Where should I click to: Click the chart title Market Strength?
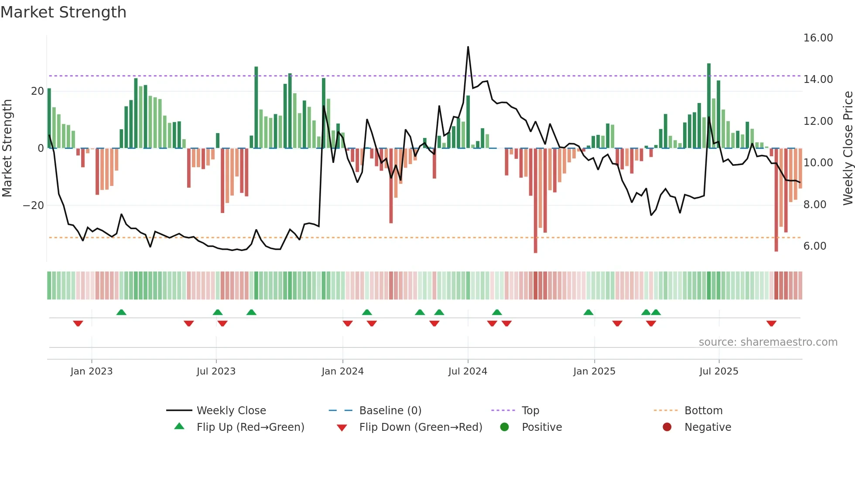point(63,12)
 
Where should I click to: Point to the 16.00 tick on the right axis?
point(818,38)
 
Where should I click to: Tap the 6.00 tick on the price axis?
point(814,246)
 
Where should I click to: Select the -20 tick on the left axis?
point(34,206)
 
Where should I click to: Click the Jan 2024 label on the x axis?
point(342,371)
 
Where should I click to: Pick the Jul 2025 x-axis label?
point(718,371)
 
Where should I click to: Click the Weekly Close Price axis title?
point(848,148)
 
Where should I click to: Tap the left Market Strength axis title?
point(7,148)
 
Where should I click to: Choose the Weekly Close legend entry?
point(231,411)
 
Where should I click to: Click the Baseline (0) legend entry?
point(390,411)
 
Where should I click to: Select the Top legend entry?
point(530,411)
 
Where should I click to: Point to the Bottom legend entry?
point(703,411)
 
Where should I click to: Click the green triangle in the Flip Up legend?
point(179,426)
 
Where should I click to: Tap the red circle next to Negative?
point(667,427)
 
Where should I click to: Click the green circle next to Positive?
point(504,427)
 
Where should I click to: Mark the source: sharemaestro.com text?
point(768,342)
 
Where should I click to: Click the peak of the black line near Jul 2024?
point(468,47)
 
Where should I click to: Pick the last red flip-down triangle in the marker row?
point(771,323)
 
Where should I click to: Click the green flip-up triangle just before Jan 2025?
point(588,312)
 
